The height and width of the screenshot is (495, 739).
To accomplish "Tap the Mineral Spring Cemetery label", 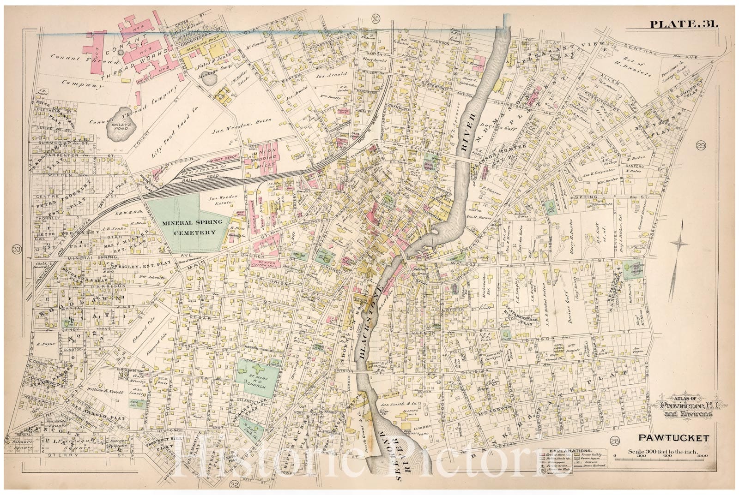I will (195, 227).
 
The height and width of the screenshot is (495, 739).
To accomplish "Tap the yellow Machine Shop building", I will (205, 48).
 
